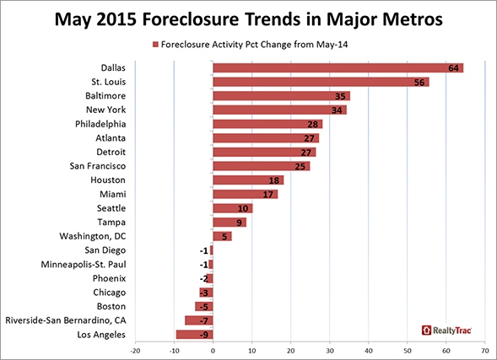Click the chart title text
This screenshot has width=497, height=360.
[248, 18]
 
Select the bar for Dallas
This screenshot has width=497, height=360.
[338, 68]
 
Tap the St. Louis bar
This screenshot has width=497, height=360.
[321, 82]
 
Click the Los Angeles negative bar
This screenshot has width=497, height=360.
[195, 334]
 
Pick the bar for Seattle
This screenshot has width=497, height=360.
[221, 207]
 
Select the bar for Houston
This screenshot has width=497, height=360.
[248, 180]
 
